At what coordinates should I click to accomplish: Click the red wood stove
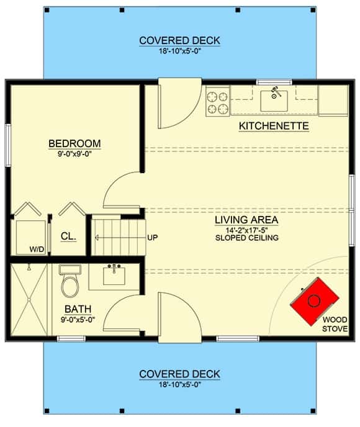click(315, 301)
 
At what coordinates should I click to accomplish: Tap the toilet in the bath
click(70, 281)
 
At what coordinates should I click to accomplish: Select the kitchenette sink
click(274, 100)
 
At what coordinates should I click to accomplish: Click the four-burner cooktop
click(217, 101)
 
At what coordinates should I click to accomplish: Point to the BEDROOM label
click(74, 143)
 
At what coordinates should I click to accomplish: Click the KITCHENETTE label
click(274, 126)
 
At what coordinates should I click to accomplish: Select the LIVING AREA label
click(246, 220)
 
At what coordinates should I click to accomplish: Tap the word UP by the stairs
click(153, 238)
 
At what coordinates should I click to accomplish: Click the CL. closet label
click(68, 236)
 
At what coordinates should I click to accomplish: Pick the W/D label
click(37, 249)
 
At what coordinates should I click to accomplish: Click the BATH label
click(78, 309)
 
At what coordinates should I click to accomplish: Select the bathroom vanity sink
click(114, 276)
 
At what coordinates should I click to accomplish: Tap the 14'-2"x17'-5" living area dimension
click(246, 230)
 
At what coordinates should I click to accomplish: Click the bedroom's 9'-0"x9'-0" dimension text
click(74, 154)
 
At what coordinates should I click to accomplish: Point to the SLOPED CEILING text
click(246, 238)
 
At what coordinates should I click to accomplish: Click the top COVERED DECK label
click(179, 40)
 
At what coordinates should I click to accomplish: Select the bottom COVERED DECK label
click(179, 374)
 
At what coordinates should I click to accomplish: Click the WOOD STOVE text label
click(335, 324)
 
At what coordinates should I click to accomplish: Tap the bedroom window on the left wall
click(8, 145)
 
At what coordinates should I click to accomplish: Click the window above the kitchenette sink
click(274, 82)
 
